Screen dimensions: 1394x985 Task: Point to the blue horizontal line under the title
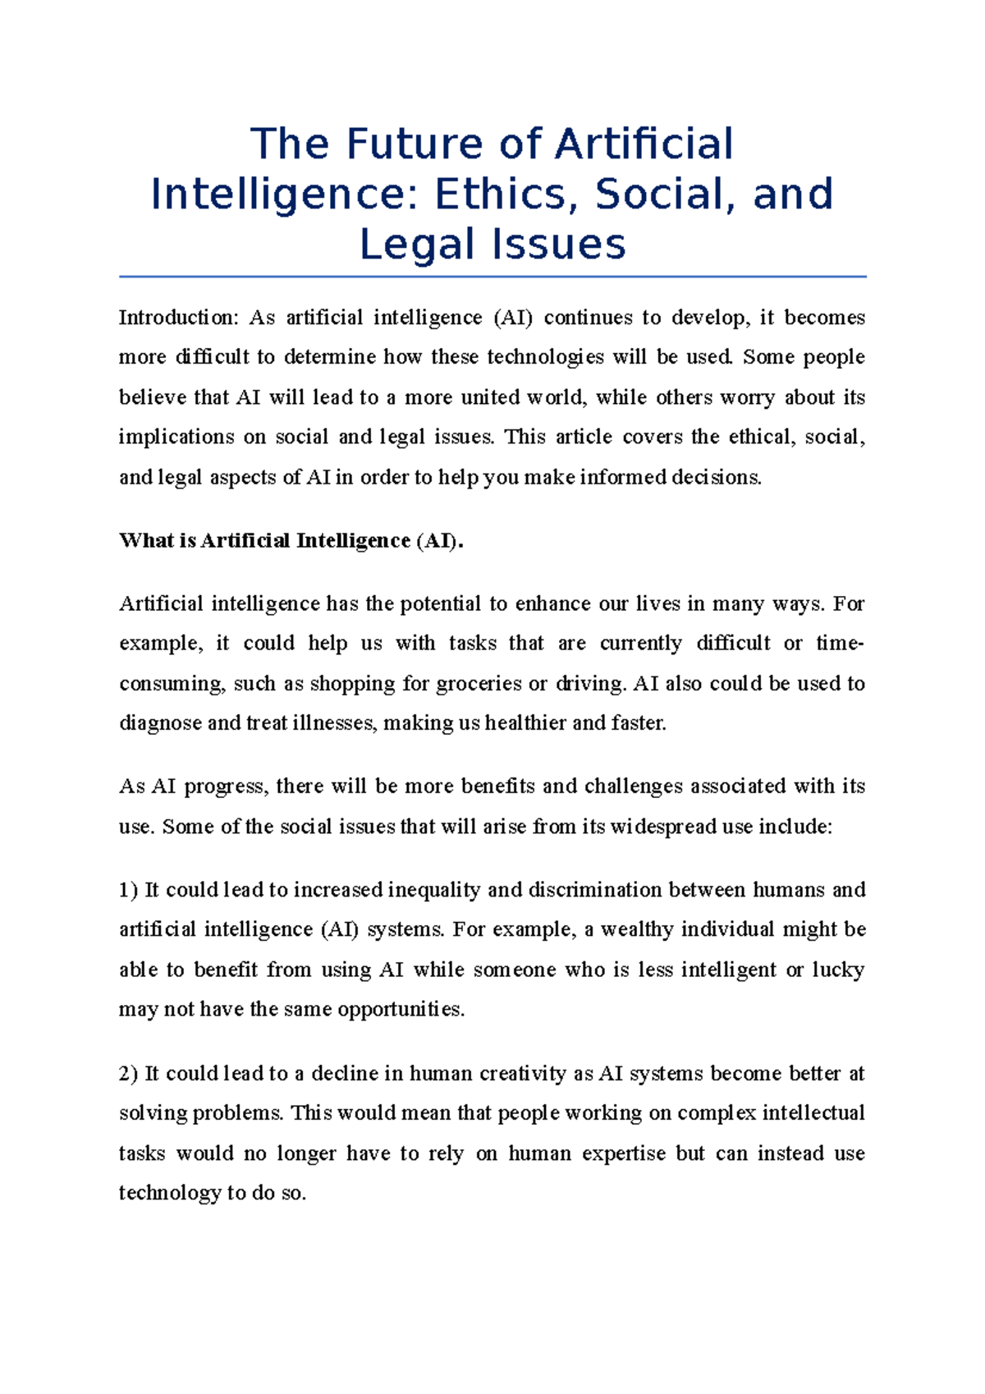coord(492,277)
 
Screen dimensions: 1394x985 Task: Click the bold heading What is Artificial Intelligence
coord(291,541)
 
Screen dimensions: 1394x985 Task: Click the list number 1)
coord(129,890)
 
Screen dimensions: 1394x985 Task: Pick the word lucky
coord(838,970)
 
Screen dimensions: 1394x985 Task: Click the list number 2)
coord(129,1074)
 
